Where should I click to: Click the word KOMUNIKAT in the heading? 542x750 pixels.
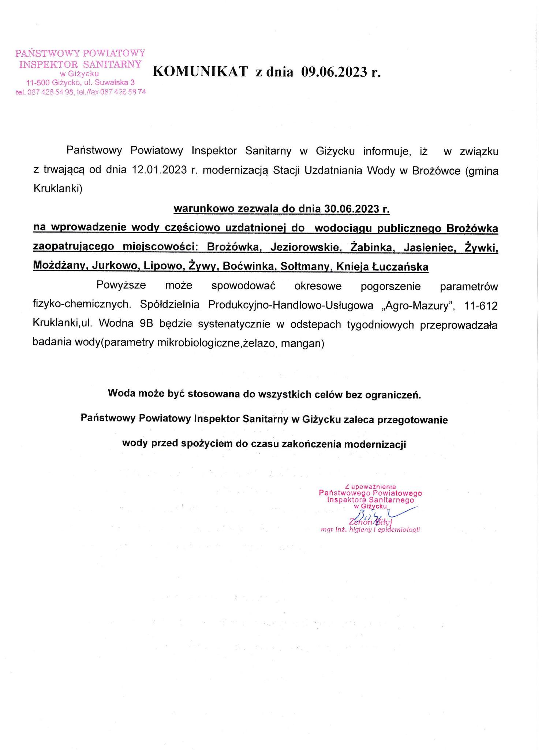click(200, 72)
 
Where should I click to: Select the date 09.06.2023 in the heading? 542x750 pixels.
click(334, 72)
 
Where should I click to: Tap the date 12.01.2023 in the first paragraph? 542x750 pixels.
click(159, 170)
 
